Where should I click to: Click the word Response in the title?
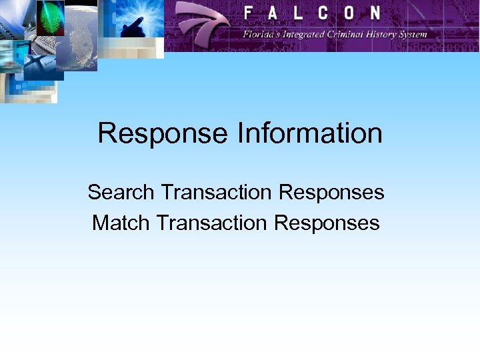[x=163, y=133]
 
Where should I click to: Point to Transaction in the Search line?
[x=217, y=192]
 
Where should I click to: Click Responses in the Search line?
[x=331, y=192]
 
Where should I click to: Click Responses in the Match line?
[x=327, y=222]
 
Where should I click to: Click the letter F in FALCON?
[x=249, y=13]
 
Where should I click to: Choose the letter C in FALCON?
[x=324, y=13]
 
